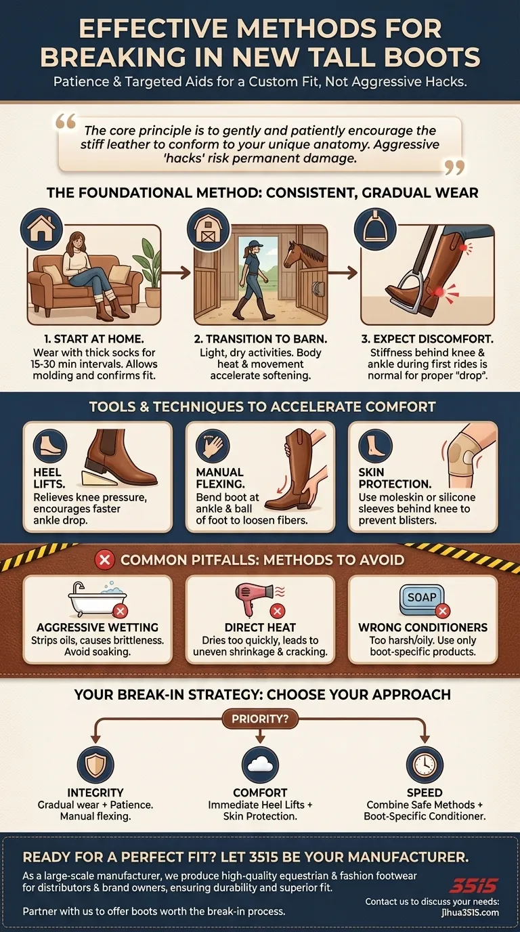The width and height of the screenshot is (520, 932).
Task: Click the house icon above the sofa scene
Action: [41, 229]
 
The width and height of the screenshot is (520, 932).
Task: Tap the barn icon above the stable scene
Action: [208, 229]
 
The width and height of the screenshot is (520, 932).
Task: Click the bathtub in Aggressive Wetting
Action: [95, 600]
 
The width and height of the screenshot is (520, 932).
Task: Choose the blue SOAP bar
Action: [421, 599]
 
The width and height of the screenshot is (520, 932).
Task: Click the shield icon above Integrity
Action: [95, 765]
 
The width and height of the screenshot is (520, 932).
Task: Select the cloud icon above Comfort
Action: [260, 765]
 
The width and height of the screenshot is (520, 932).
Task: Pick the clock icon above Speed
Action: [425, 765]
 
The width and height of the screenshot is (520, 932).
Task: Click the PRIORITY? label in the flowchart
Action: [260, 719]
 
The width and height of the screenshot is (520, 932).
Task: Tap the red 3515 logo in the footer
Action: [473, 885]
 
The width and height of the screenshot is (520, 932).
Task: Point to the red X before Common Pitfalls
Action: [105, 560]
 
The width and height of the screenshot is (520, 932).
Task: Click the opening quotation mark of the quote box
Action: [66, 122]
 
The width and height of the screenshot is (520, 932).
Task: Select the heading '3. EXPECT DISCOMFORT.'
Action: [427, 339]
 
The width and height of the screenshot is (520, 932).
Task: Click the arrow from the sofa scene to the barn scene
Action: [176, 273]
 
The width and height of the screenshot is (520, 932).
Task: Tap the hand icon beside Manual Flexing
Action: [212, 446]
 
